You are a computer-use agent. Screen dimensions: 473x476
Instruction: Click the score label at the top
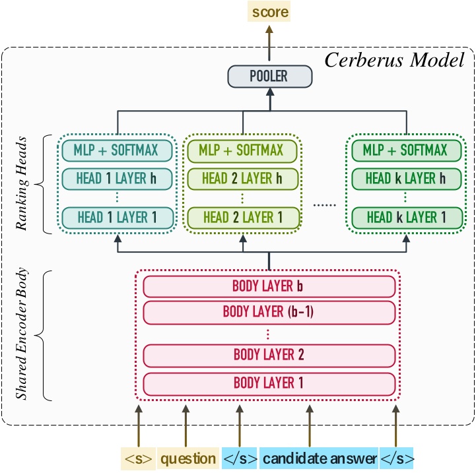point(269,11)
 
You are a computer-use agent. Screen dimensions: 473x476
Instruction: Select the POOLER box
point(269,76)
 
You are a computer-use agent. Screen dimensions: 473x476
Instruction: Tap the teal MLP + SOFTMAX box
point(118,150)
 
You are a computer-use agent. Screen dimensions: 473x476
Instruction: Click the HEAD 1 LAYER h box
point(118,178)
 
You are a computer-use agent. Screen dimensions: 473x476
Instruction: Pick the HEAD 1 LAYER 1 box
point(118,216)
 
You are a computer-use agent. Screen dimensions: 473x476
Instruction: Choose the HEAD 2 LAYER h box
point(242,178)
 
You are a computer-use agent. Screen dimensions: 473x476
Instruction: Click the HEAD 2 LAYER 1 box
point(242,216)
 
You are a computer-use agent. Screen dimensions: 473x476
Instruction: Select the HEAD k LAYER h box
point(405,178)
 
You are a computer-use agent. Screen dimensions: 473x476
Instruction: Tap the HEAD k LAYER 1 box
point(405,216)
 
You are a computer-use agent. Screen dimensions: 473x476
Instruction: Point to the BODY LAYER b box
point(269,286)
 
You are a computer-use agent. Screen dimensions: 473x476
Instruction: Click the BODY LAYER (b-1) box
point(269,311)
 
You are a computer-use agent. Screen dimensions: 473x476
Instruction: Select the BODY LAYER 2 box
point(269,355)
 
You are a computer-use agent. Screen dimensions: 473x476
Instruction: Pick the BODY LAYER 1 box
point(269,382)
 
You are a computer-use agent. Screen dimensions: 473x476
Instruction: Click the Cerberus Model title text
point(395,61)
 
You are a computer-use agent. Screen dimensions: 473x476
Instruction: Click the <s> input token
point(139,458)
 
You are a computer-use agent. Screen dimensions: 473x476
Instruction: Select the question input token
point(188,458)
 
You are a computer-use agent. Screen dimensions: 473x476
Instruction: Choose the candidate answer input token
point(319,458)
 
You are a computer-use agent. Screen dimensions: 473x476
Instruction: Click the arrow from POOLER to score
point(269,43)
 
